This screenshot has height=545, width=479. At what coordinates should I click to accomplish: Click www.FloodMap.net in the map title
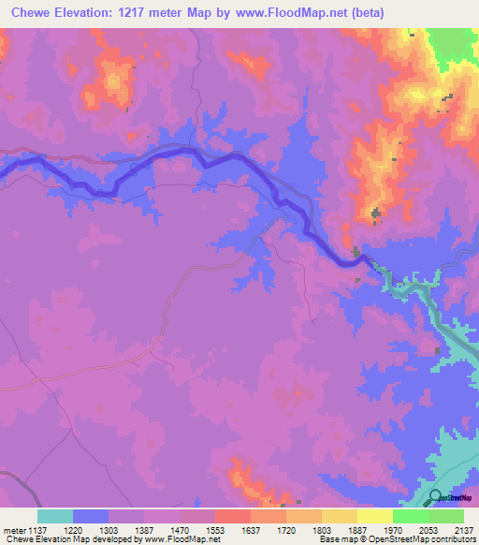[x=284, y=13]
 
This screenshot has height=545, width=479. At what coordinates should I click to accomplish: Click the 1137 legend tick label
[x=37, y=529]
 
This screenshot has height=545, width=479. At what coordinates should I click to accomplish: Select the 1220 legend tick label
[x=73, y=529]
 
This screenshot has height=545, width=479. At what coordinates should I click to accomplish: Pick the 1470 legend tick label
[x=180, y=529]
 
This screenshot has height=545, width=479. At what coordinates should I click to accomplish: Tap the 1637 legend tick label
[x=251, y=529]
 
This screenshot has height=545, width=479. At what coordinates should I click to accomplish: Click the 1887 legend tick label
[x=357, y=529]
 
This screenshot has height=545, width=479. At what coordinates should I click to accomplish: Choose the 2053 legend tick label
[x=428, y=529]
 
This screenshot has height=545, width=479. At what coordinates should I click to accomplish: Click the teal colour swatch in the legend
[x=55, y=516]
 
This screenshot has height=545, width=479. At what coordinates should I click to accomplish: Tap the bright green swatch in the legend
[x=411, y=516]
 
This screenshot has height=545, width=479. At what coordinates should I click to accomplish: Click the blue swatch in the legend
[x=91, y=516]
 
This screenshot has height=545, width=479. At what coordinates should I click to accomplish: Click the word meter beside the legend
[x=13, y=529]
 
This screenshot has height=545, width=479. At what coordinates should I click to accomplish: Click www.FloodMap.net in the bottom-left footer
[x=181, y=539]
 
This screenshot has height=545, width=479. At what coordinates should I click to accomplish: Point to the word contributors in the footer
[x=453, y=539]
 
